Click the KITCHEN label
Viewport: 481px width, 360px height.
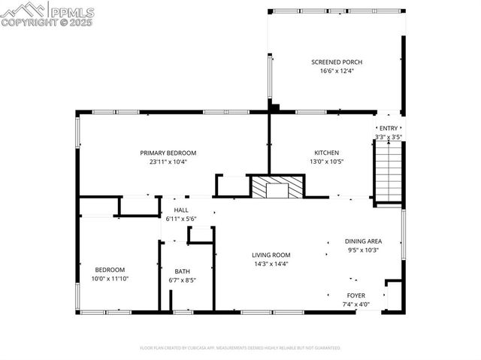[326, 153]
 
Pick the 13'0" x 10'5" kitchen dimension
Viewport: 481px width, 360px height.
[326, 162]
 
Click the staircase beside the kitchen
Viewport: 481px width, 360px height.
[389, 171]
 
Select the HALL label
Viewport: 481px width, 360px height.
[181, 210]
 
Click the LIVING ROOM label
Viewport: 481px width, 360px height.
[271, 255]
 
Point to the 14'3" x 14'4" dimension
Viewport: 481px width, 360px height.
[271, 264]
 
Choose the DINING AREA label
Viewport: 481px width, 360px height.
[364, 241]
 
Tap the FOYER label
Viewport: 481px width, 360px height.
[356, 295]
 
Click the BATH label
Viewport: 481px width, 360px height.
[183, 271]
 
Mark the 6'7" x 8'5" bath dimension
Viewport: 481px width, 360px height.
[183, 280]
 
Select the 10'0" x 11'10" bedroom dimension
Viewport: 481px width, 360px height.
[110, 279]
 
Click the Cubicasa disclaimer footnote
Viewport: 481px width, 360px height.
[240, 348]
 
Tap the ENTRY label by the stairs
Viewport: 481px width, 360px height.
[389, 129]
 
